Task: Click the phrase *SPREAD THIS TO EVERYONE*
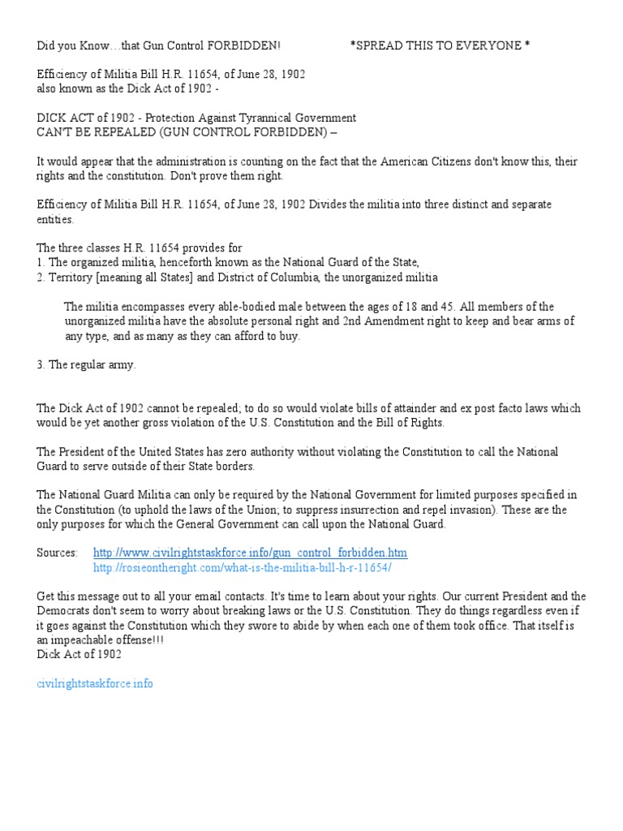pos(440,45)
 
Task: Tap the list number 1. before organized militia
pos(41,262)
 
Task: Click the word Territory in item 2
pos(71,278)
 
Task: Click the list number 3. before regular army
pos(41,365)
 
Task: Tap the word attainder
pos(441,408)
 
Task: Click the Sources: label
pos(58,553)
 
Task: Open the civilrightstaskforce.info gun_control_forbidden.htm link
pos(250,553)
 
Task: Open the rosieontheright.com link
pos(243,567)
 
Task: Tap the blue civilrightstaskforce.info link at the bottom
pos(95,683)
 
